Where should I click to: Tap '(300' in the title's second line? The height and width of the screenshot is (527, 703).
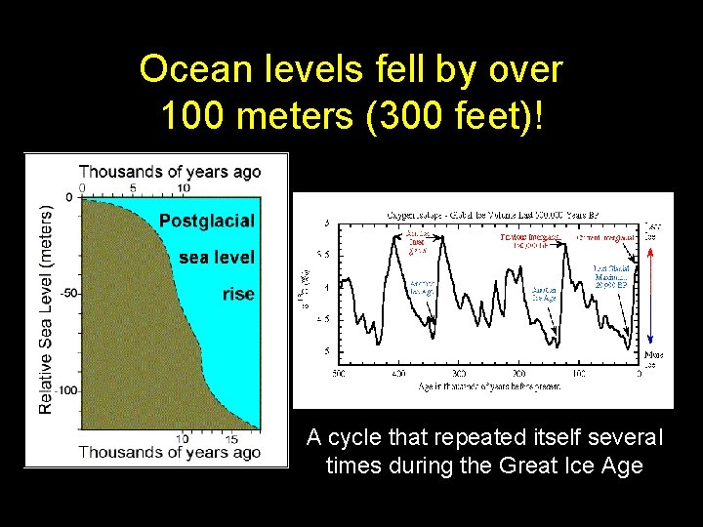click(x=383, y=117)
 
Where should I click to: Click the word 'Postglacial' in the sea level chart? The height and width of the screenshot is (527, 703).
click(x=206, y=221)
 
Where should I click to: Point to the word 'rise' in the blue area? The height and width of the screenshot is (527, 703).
click(x=237, y=294)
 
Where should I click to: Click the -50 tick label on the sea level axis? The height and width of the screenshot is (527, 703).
click(x=67, y=293)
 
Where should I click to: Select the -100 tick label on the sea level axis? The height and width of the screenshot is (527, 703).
click(x=64, y=389)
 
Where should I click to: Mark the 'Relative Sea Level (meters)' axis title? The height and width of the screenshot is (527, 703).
click(x=46, y=308)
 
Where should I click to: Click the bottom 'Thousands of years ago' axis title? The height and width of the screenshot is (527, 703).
click(x=170, y=452)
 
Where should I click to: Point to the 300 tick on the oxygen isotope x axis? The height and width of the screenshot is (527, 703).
click(x=460, y=373)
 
